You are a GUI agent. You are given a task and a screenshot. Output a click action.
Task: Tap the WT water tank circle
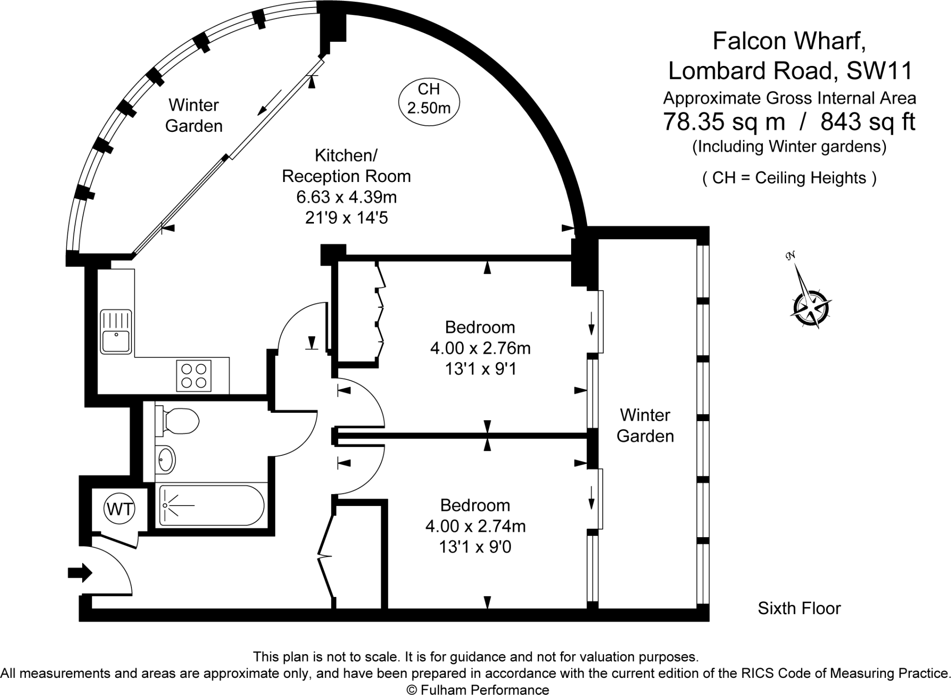pos(120,509)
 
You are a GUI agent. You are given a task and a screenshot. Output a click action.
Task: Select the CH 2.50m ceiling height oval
pos(429,98)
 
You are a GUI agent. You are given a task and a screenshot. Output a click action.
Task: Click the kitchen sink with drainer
pos(116,331)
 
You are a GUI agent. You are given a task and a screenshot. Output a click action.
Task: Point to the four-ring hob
pos(194,376)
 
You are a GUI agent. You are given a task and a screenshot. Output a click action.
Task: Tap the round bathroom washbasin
pos(166,460)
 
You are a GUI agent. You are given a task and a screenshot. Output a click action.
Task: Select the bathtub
pos(212,506)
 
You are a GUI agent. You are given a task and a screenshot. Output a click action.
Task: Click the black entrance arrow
pos(80,572)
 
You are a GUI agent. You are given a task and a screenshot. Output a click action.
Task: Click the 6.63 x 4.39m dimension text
pos(346,197)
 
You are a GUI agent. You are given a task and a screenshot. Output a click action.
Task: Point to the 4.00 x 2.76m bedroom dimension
pos(480,348)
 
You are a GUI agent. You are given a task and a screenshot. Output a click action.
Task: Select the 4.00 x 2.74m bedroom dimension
pos(475,526)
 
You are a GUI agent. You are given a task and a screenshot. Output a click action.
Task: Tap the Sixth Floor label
pos(799,608)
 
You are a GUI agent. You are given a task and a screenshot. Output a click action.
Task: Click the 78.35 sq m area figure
pos(723,122)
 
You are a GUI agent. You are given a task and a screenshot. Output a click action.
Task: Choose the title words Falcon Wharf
pos(789,41)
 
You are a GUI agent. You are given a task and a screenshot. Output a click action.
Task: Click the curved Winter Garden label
pos(194,115)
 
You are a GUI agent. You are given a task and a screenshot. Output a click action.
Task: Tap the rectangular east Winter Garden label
pos(645,425)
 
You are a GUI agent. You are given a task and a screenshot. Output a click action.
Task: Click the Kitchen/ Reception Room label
pos(346,166)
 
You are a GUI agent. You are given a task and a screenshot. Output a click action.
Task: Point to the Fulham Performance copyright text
pos(478,690)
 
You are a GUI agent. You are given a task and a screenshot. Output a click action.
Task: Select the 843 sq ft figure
pos(867,122)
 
